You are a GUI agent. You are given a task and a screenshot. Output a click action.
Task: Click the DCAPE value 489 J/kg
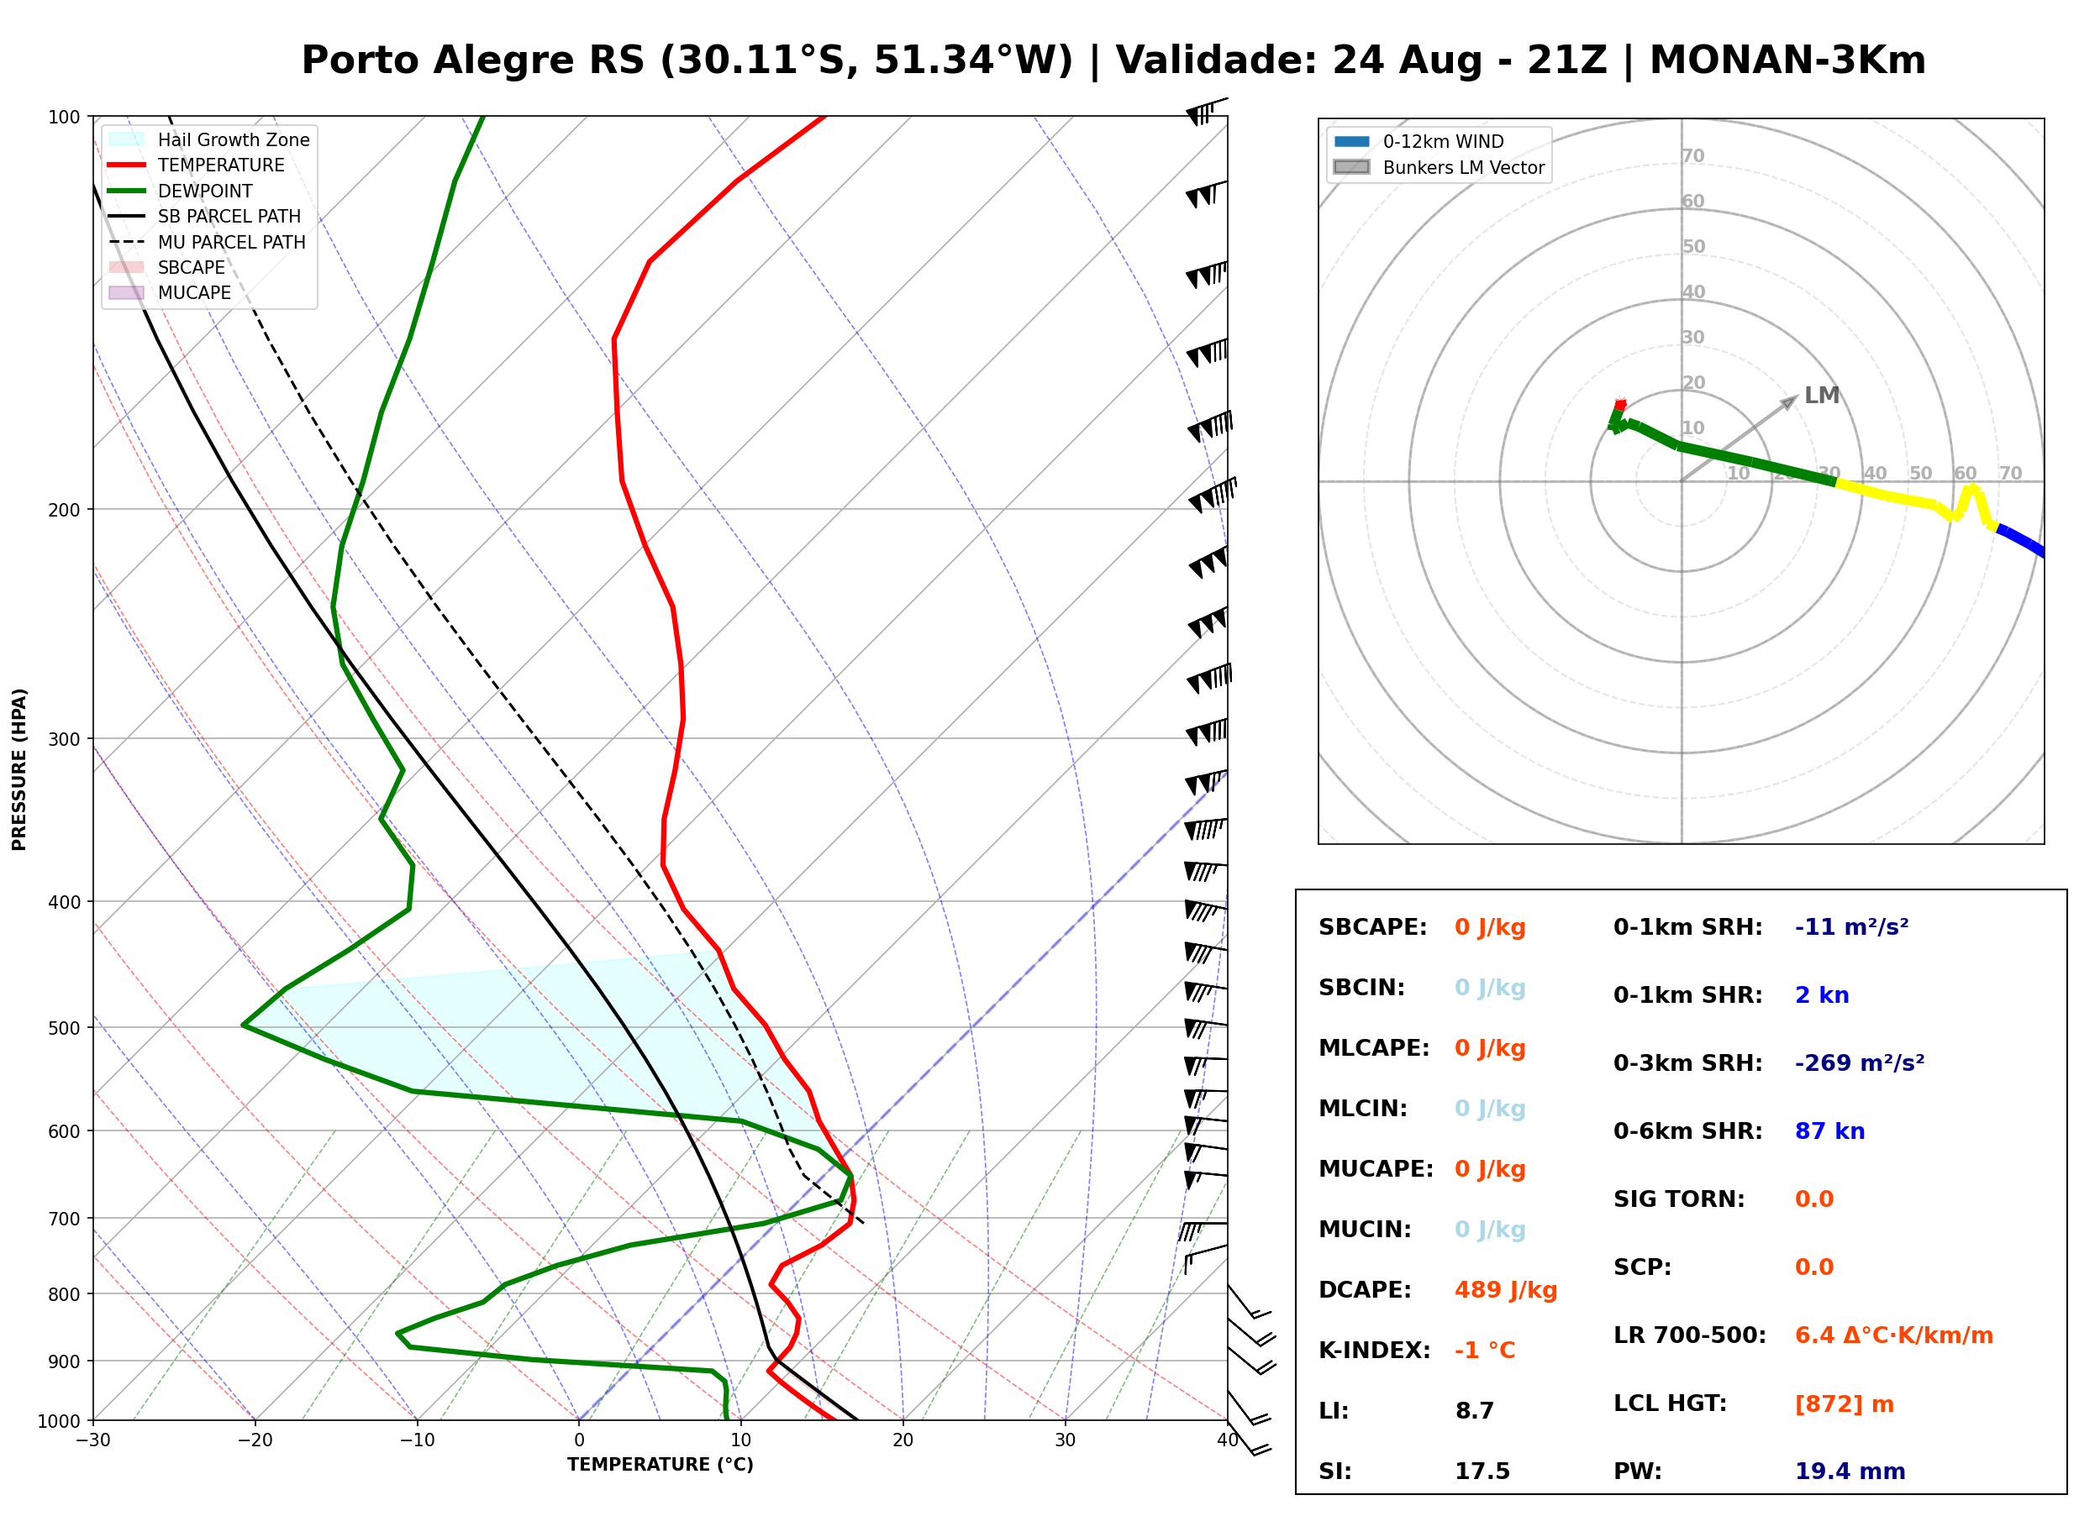[1505, 1289]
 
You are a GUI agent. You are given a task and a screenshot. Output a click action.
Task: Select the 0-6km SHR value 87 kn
[1829, 1130]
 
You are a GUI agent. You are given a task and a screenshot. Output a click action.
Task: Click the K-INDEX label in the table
[1374, 1350]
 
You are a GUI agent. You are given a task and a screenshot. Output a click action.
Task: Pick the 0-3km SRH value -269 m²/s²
[1859, 1062]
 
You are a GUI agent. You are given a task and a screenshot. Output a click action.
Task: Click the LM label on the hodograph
[1820, 396]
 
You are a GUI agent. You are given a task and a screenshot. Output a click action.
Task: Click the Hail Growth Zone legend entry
[208, 139]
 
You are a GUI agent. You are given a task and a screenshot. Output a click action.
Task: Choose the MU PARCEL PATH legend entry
[207, 242]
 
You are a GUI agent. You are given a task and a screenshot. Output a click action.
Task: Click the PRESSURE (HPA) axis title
[18, 769]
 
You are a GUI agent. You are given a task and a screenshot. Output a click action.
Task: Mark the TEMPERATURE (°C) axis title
[660, 1465]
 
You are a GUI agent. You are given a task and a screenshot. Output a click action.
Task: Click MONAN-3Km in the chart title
[1787, 60]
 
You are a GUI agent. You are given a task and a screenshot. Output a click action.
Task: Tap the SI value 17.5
[1482, 1471]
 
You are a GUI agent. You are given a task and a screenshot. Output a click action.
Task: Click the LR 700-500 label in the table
[1689, 1335]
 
